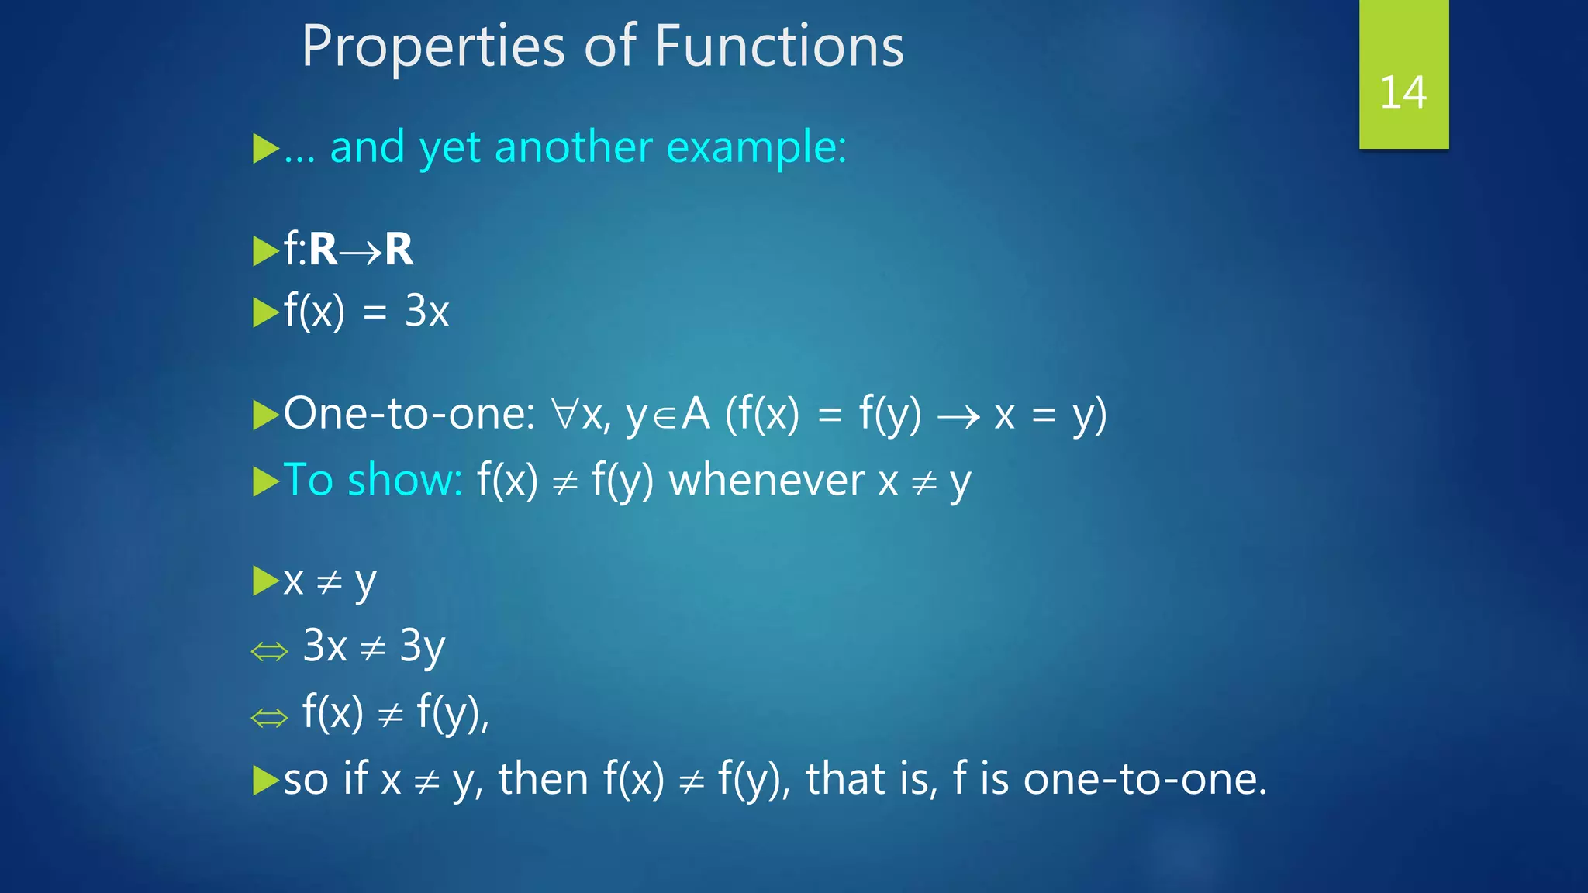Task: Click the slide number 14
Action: click(1403, 93)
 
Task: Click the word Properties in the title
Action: click(433, 47)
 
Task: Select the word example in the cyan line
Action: click(755, 147)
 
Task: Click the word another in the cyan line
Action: click(574, 147)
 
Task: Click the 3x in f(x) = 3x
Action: click(426, 312)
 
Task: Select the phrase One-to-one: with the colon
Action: click(409, 413)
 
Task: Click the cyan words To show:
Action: click(373, 480)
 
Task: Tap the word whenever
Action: click(766, 480)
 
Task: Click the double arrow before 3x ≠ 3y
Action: click(270, 652)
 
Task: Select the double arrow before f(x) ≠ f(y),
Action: click(270, 718)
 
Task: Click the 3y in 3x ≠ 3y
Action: click(422, 646)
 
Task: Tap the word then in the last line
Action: click(543, 778)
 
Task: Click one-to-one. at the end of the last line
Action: click(1144, 778)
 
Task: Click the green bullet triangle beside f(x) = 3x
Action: click(265, 313)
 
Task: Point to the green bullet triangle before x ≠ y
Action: click(265, 581)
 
